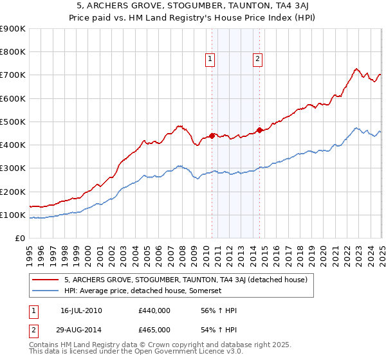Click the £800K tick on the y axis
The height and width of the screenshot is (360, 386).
point(13,52)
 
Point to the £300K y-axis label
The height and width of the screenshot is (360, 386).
point(13,168)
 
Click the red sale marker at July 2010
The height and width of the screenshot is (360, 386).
point(212,136)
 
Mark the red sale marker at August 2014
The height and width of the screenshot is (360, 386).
point(259,130)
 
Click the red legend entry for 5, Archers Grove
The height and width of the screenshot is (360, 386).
point(186,280)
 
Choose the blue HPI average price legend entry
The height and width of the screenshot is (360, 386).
point(143,291)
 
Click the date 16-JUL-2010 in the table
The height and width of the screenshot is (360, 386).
point(83,311)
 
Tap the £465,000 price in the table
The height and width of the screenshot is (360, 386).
point(154,329)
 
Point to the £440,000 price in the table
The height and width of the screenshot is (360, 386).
point(154,311)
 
